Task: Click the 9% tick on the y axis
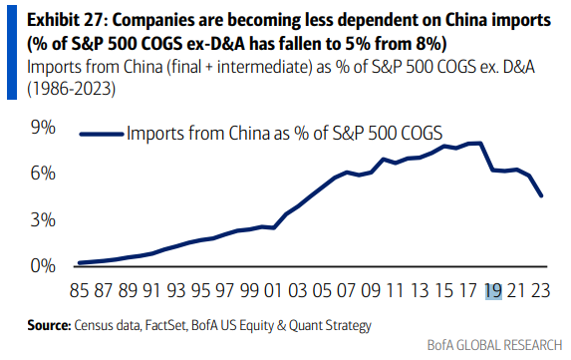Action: click(x=43, y=128)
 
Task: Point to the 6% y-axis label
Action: click(x=43, y=174)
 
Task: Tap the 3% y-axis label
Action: click(x=43, y=220)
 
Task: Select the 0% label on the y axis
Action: click(x=43, y=266)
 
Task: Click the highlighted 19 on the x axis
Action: click(x=493, y=291)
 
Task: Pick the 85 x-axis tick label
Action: click(x=79, y=291)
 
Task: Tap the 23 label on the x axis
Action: click(x=541, y=291)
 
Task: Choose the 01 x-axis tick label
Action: click(x=273, y=291)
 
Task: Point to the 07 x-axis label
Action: click(x=346, y=291)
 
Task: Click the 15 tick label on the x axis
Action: click(x=443, y=291)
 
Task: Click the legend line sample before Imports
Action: click(x=102, y=134)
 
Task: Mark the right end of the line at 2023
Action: click(x=541, y=196)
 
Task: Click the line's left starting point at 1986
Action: click(x=80, y=262)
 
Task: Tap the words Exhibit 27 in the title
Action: click(x=66, y=20)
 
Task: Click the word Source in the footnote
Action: click(x=49, y=325)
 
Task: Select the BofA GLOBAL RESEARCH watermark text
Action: click(x=495, y=345)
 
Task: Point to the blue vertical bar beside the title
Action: click(x=12, y=53)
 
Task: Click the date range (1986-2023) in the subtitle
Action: click(x=72, y=89)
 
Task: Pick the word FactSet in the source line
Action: click(x=166, y=325)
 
